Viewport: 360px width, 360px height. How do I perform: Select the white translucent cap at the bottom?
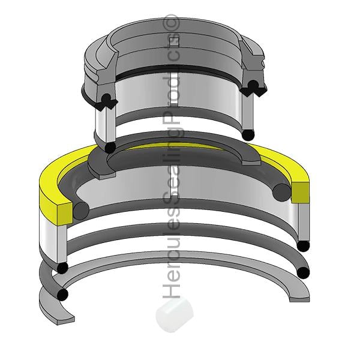coord(175,315)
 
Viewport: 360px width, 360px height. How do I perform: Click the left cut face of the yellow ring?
coord(65,214)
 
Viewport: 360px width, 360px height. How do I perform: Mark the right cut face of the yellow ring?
coord(300,193)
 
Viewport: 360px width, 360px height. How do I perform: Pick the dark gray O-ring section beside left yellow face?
coord(81,211)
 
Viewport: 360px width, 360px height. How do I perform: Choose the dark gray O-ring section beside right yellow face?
coord(281,192)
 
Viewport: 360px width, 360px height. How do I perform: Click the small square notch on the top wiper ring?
coord(174,41)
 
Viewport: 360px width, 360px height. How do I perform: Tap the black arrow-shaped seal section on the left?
coord(106,103)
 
